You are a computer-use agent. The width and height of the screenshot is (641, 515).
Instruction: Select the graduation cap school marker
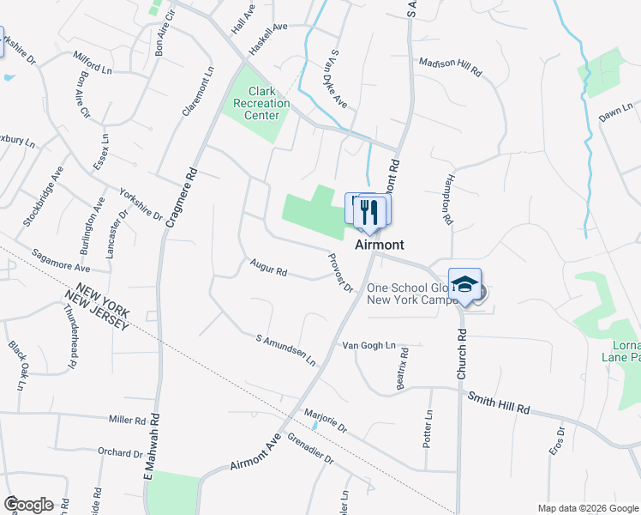pos(464,285)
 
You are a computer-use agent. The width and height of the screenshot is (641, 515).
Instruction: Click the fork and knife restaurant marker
pos(369,210)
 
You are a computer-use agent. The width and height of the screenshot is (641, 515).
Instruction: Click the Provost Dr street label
pos(340,273)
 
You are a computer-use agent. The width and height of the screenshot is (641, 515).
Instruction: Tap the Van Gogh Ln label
pos(368,346)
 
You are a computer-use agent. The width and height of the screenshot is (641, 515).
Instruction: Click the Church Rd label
pos(461,353)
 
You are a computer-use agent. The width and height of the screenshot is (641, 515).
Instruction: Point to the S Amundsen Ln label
pos(286,350)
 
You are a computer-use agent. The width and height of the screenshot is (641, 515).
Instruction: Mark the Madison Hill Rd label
pos(449,68)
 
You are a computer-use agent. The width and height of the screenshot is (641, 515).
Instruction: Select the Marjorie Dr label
pos(326,420)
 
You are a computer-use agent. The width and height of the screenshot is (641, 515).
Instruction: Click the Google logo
pos(28,504)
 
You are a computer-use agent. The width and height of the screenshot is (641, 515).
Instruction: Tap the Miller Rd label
pos(128,420)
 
